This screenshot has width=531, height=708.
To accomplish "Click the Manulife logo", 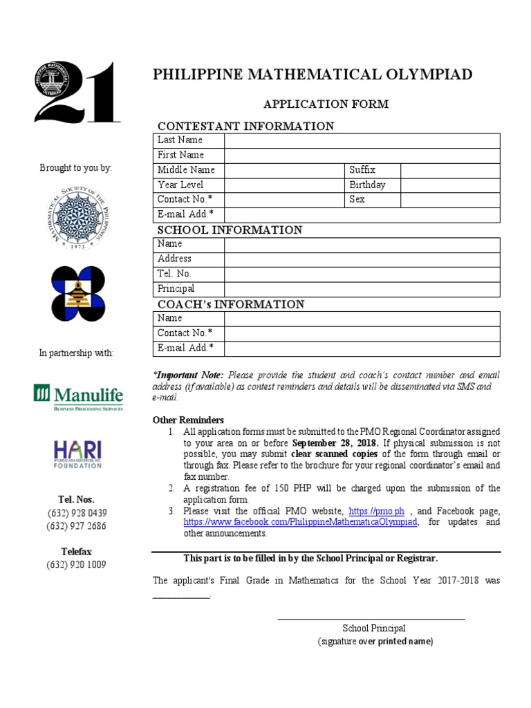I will [x=78, y=398].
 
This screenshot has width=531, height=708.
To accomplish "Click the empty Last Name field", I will [x=362, y=140].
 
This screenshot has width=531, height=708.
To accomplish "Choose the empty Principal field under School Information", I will [x=362, y=289].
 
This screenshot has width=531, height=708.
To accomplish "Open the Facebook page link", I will [x=301, y=522].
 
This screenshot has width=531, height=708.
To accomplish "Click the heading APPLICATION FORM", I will [x=326, y=104].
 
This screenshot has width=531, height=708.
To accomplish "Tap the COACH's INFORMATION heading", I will [x=231, y=304].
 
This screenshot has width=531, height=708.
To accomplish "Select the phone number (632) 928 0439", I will [x=77, y=513].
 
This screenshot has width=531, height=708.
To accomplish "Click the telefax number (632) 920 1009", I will [x=77, y=565].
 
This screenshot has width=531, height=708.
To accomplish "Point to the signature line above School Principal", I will [x=371, y=618].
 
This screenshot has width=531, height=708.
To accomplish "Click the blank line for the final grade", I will [x=180, y=597].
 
